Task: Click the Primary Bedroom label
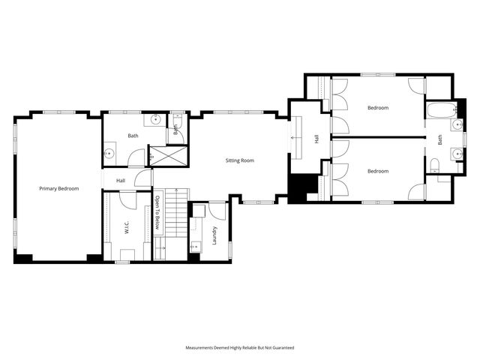[x=58, y=188]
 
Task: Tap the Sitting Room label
[x=240, y=160]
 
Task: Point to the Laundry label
[x=214, y=234]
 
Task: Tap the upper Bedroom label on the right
[x=378, y=108]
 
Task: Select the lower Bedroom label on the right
[x=378, y=171]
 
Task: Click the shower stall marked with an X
[x=160, y=156]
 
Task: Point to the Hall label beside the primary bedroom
[x=121, y=181]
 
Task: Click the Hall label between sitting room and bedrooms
[x=316, y=139]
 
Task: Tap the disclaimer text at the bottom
[x=240, y=348]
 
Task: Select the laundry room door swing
[x=217, y=211]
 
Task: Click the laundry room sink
[x=196, y=244]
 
